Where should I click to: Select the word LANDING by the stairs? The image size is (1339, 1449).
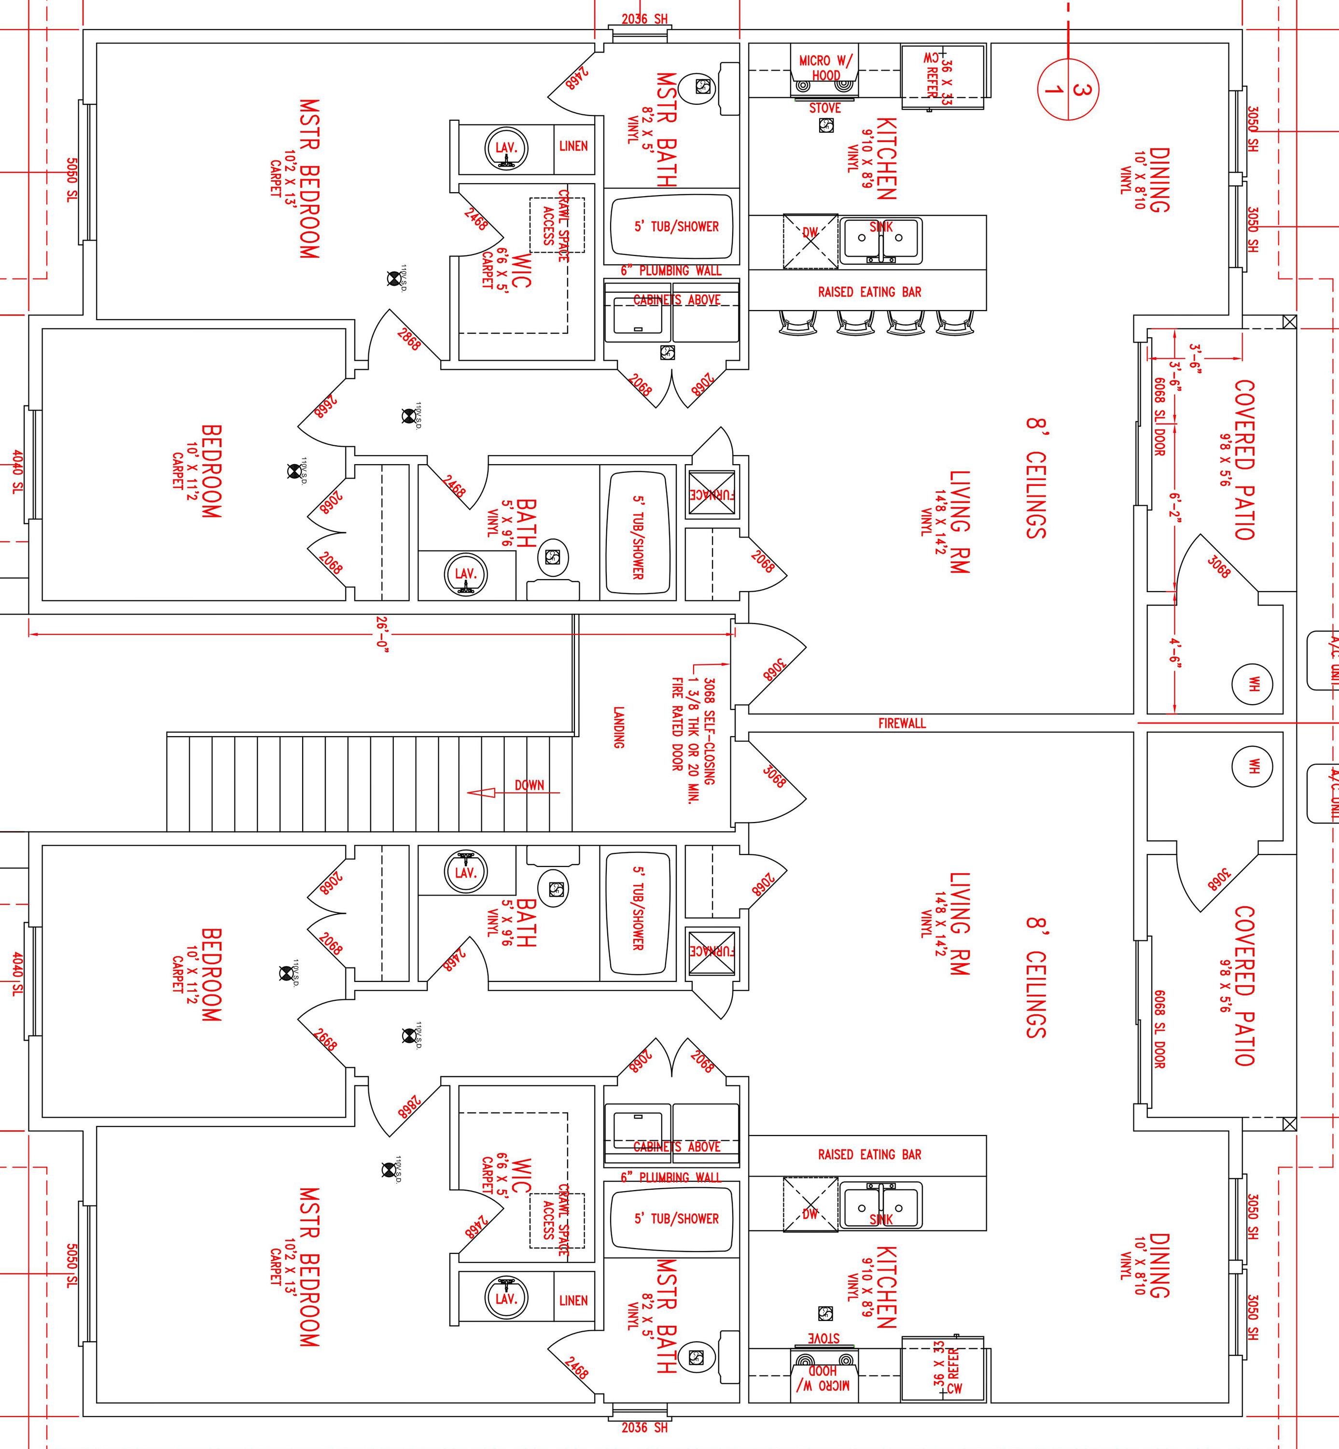[618, 727]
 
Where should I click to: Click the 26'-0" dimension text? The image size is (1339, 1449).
[382, 635]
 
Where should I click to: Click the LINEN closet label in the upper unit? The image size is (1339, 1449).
[573, 146]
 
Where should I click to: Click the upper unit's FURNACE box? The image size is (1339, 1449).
[711, 495]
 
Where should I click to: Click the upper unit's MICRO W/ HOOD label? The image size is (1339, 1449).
[825, 68]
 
